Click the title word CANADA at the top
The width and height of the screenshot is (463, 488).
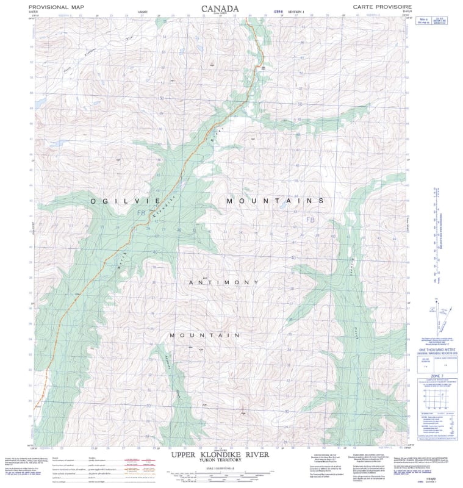pos(220,9)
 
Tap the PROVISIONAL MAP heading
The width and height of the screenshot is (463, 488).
pos(56,7)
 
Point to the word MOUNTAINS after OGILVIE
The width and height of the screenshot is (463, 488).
pos(275,201)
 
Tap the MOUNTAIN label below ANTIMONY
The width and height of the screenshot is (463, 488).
pos(204,335)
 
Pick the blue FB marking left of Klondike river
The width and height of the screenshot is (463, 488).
pos(142,213)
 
